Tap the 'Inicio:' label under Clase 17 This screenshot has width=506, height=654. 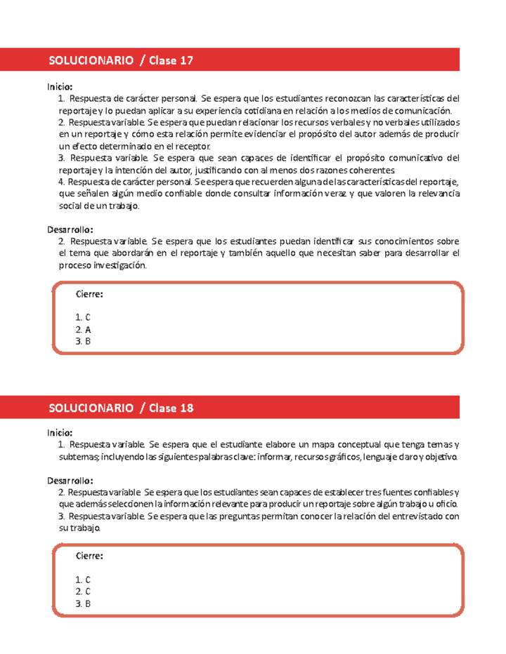(60, 86)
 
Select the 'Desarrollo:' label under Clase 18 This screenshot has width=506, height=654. (70, 481)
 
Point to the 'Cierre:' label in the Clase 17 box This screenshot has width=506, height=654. (89, 294)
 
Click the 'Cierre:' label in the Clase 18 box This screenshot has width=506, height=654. (89, 555)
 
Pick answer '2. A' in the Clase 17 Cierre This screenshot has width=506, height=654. (84, 329)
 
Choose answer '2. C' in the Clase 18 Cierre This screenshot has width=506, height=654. (84, 592)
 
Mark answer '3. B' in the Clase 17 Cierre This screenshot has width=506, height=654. (84, 341)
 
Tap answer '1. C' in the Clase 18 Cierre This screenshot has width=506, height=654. (84, 580)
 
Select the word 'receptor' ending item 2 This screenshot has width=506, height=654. (191, 146)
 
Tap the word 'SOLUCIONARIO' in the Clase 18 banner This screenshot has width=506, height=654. (91, 408)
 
